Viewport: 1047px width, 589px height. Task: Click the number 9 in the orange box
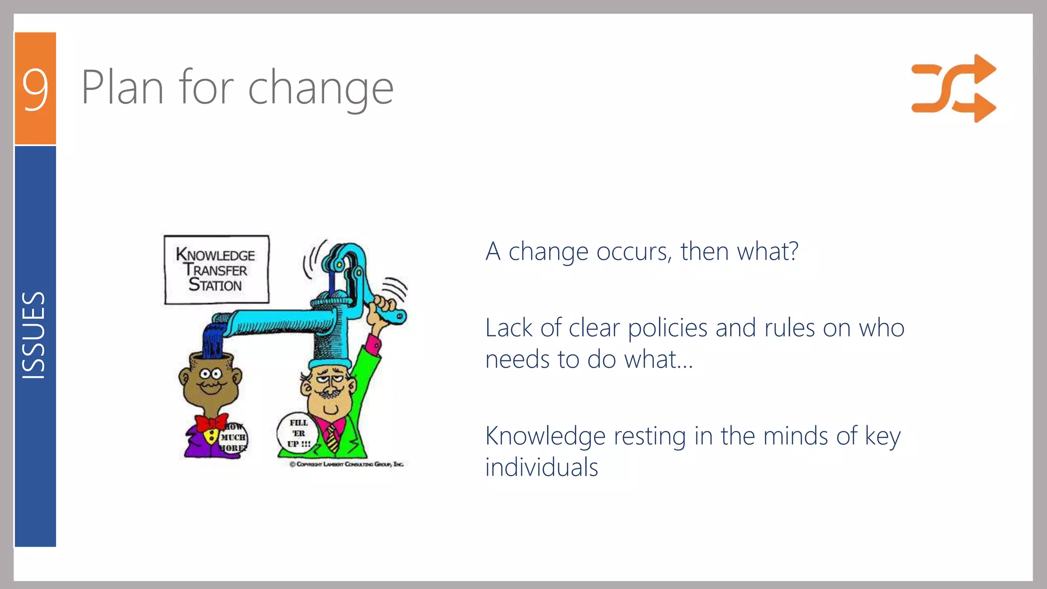(35, 89)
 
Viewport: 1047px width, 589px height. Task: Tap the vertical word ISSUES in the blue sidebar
(34, 335)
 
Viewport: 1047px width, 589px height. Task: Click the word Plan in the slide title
(123, 88)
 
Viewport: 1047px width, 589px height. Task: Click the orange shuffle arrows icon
(953, 88)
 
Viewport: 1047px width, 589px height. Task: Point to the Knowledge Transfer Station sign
(216, 269)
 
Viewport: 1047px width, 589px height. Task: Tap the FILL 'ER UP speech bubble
(298, 433)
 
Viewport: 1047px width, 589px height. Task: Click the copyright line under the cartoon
(347, 464)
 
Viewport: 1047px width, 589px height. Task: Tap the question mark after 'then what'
(793, 251)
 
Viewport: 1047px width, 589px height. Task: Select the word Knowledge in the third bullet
(545, 436)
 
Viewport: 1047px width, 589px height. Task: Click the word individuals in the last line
(541, 467)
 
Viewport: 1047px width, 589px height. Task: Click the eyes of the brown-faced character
(210, 373)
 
